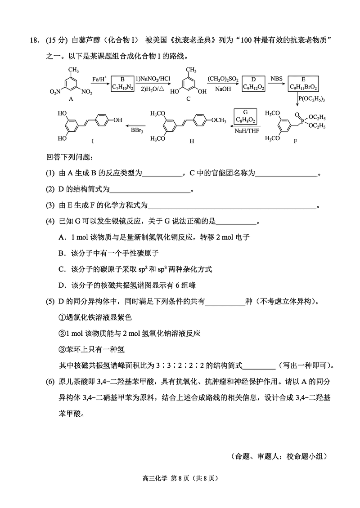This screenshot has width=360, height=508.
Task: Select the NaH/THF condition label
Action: pyautogui.click(x=245, y=131)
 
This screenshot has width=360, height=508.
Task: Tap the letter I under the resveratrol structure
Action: pyautogui.click(x=93, y=141)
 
